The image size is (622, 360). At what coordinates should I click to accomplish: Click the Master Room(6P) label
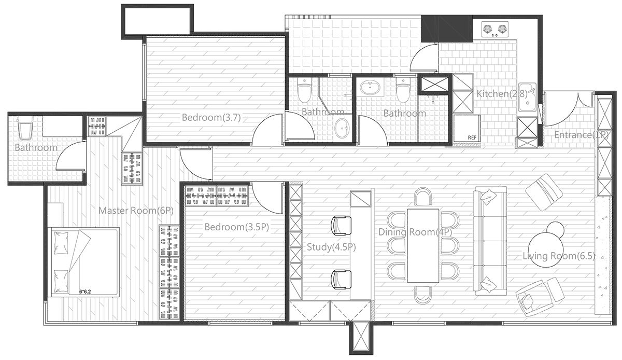128,211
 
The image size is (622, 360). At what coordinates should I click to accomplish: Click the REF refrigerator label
472,137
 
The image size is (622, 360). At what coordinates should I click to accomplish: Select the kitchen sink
528,97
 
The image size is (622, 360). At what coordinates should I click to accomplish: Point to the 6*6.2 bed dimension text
88,292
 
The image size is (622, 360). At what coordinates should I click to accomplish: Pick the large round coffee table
546,250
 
